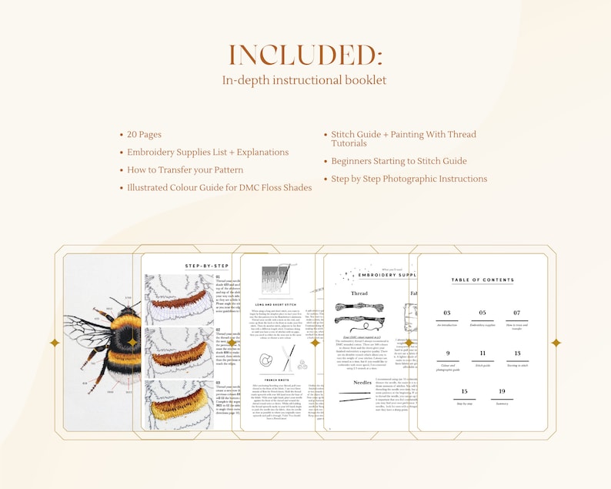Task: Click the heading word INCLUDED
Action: coord(305,55)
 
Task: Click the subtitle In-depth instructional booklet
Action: coord(305,80)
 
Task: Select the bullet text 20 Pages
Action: coord(144,135)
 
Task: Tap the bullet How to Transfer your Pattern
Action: coord(185,170)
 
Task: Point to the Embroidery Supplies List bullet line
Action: coord(208,152)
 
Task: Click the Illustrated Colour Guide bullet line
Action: coord(219,188)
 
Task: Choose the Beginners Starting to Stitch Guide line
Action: coord(399,161)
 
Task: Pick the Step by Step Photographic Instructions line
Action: coord(409,179)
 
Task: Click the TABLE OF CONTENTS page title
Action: coord(482,280)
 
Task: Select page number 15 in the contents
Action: coord(464,392)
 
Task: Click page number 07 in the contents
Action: coord(517,313)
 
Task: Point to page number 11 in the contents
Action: coord(482,353)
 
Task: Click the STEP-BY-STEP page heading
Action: coord(207,266)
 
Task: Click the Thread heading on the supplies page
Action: coord(359,293)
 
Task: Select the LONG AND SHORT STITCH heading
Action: coord(275,304)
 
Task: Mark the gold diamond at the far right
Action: coord(556,343)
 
